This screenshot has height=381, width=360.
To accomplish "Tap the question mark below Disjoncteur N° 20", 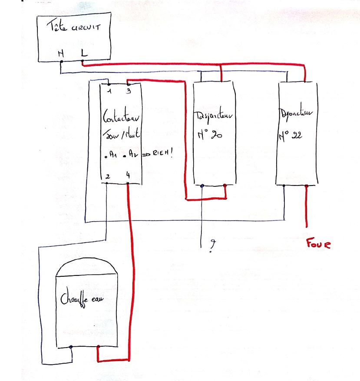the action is [x=212, y=245].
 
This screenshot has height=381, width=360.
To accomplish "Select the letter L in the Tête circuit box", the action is [x=83, y=53].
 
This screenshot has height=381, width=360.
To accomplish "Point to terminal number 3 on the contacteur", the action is [x=129, y=91].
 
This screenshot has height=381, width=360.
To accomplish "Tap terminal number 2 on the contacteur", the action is [x=107, y=176].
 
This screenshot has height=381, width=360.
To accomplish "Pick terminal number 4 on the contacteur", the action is [x=128, y=176].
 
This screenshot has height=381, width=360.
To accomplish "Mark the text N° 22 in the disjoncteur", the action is [x=291, y=135].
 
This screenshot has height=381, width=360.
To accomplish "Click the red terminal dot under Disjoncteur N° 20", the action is [x=225, y=186].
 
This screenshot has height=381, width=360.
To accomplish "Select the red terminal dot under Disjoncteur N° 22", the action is [x=307, y=186].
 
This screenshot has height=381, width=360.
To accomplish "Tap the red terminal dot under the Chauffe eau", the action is [x=98, y=347].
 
